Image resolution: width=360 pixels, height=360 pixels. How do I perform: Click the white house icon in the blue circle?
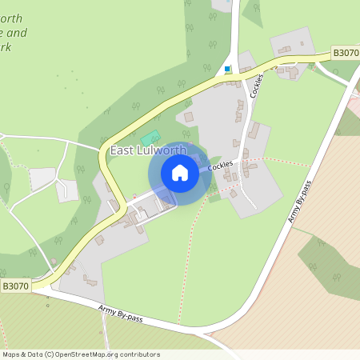pyautogui.click(x=180, y=173)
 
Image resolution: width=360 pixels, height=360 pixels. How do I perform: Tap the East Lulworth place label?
pyautogui.click(x=148, y=150)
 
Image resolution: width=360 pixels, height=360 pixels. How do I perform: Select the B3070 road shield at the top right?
pyautogui.click(x=346, y=53)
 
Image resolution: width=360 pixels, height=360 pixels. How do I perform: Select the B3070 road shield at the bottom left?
pyautogui.click(x=14, y=285)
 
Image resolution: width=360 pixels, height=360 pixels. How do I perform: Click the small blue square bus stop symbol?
pyautogui.click(x=228, y=69)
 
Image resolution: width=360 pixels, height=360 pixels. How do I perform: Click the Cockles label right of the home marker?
pyautogui.click(x=221, y=165)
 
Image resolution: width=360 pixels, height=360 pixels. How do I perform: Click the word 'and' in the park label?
pyautogui.click(x=18, y=33)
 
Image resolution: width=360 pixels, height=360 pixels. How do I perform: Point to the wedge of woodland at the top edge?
pyautogui.click(x=253, y=10)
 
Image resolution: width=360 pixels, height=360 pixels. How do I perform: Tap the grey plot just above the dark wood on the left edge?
pyautogui.click(x=42, y=178)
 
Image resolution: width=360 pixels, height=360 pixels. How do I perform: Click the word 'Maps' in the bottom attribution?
pyautogui.click(x=11, y=354)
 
